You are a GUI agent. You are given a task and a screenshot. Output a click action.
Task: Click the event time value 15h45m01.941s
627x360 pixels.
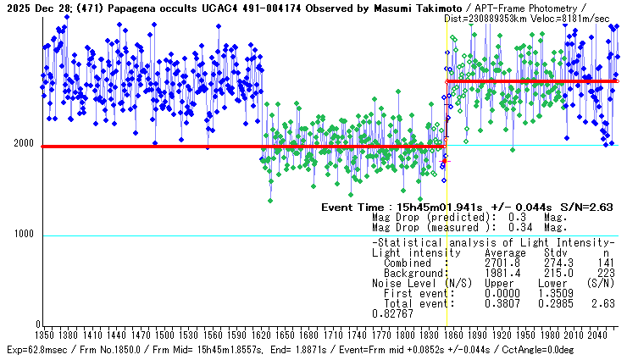coord(441,207)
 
